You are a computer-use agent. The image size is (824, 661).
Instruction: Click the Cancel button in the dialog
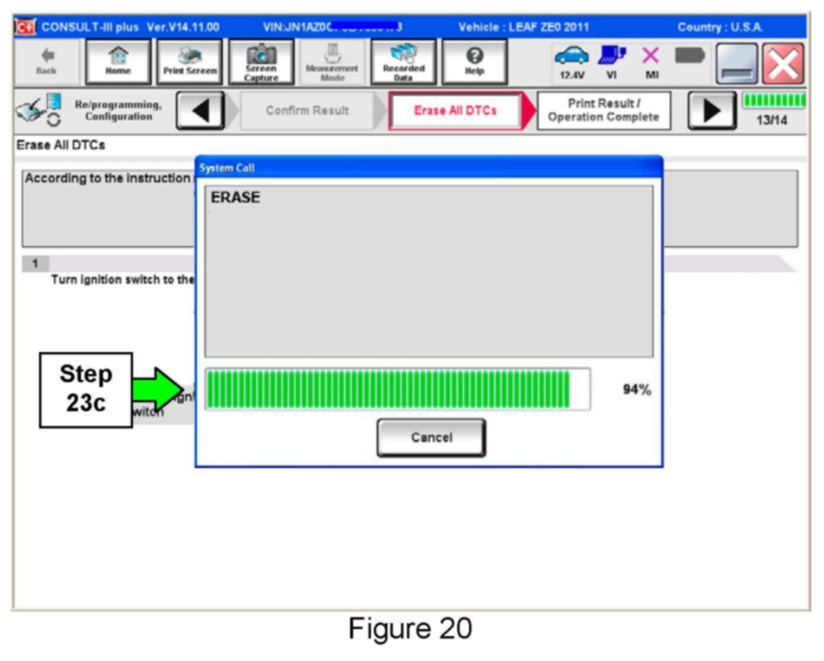[x=431, y=437]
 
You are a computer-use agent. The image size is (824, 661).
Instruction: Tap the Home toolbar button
[x=118, y=62]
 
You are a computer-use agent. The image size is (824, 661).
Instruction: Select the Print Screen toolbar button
[x=190, y=62]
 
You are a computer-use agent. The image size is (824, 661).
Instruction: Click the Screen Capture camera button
[x=261, y=62]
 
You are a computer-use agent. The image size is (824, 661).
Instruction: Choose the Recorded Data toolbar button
[x=403, y=62]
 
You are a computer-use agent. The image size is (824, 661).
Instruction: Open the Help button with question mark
[x=474, y=62]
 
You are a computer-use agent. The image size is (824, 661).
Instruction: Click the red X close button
[x=783, y=63]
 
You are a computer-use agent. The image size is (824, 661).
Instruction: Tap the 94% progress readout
[x=636, y=389]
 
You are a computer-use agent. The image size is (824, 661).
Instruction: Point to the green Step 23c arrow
[x=157, y=389]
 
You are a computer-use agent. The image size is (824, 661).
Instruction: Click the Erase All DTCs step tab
[x=455, y=111]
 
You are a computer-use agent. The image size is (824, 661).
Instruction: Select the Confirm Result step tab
[x=307, y=111]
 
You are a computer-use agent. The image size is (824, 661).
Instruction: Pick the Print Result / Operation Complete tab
[x=603, y=111]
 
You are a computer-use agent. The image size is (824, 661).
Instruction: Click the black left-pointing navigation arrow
[x=201, y=111]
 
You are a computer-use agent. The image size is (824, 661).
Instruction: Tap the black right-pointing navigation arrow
[x=712, y=111]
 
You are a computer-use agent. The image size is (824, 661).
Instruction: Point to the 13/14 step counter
[x=772, y=120]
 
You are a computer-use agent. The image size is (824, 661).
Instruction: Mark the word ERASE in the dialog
[x=235, y=198]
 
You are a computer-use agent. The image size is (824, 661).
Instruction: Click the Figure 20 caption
[x=410, y=628]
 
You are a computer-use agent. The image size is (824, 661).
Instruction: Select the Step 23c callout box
[x=86, y=389]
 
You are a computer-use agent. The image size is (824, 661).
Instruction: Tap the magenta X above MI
[x=651, y=56]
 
